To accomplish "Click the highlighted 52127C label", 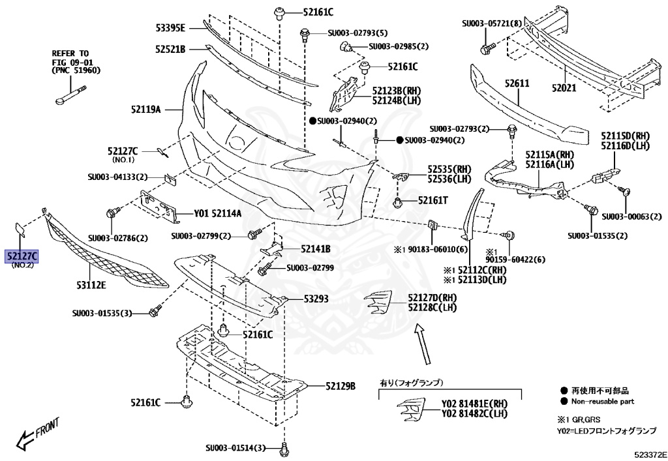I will pyautogui.click(x=22, y=256).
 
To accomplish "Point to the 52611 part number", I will pyautogui.click(x=517, y=84).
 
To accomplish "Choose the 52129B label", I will pyautogui.click(x=341, y=387).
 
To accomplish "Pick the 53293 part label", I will pyautogui.click(x=316, y=299).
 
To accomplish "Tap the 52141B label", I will pyautogui.click(x=316, y=248).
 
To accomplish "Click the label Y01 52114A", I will pyautogui.click(x=217, y=213).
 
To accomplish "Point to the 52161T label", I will pyautogui.click(x=433, y=201).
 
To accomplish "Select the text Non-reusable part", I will pyautogui.click(x=602, y=402).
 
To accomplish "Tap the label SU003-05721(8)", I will pyautogui.click(x=492, y=23).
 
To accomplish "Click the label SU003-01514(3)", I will pyautogui.click(x=236, y=448).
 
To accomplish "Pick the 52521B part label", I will pyautogui.click(x=171, y=49).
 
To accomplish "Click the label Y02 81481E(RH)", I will pyautogui.click(x=474, y=403).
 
